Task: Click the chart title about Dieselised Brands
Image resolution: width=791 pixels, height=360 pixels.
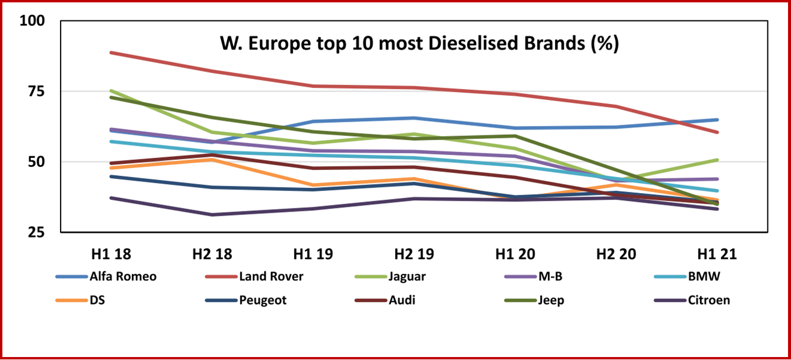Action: [x=420, y=44]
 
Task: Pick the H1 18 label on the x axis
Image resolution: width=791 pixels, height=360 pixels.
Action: [x=111, y=254]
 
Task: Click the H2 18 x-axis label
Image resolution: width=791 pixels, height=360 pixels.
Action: [x=212, y=254]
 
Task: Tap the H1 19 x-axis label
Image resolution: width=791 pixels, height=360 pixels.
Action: [x=313, y=254]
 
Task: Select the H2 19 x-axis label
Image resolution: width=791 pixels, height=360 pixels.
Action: [x=414, y=254]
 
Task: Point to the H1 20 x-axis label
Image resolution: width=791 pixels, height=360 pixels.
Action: [x=515, y=254]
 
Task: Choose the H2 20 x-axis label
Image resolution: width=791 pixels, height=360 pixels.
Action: [x=616, y=254]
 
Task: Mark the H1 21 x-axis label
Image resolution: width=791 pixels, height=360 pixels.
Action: [x=717, y=254]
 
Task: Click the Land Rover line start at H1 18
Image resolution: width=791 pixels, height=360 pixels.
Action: [x=111, y=53]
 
